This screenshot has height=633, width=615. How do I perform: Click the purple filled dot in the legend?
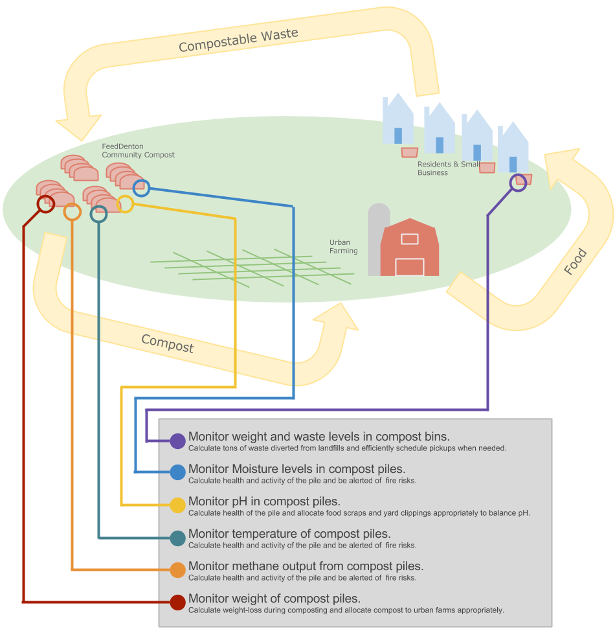178,441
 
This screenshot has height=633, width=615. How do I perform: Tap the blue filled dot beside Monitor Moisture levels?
178,472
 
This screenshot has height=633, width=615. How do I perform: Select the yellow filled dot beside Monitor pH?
178,505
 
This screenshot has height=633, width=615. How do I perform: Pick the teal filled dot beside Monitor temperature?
178,538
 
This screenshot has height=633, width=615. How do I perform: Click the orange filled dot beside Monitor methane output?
178,570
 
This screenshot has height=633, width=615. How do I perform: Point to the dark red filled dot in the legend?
178,602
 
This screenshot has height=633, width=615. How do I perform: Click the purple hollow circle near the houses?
518,183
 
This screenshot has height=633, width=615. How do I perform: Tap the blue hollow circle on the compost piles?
141,189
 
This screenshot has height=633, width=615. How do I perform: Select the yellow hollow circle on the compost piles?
125,204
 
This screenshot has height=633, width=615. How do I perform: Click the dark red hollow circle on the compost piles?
45,204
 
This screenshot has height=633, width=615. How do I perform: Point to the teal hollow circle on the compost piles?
98,214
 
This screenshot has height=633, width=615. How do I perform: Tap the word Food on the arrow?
575,262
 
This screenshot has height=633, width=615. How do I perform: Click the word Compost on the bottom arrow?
167,343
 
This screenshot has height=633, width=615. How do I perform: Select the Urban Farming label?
343,247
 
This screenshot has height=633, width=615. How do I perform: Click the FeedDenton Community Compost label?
138,151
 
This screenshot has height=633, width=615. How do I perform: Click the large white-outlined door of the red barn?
409,267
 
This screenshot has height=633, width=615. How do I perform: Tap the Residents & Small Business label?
448,168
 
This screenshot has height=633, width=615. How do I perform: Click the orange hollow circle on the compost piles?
73,212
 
